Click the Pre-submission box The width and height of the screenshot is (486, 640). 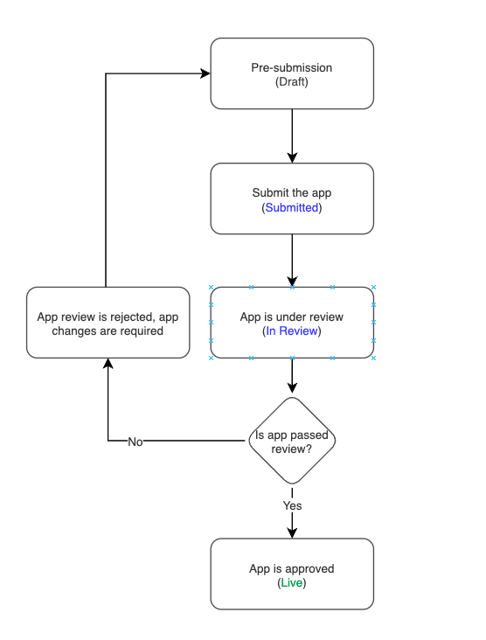click(292, 73)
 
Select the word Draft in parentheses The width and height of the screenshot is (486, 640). click(292, 82)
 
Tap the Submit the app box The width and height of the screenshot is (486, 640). click(292, 198)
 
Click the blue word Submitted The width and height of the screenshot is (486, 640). click(292, 208)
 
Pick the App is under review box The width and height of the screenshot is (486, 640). click(292, 323)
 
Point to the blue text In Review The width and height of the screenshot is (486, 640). click(292, 331)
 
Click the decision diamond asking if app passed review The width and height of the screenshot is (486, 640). click(292, 441)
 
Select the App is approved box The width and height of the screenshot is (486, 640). click(292, 574)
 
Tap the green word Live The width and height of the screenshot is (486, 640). click(292, 582)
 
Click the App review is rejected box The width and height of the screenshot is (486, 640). click(108, 323)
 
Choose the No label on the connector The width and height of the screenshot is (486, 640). click(135, 442)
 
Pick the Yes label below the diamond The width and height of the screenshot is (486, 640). click(292, 505)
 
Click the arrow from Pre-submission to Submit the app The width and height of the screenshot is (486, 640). click(292, 136)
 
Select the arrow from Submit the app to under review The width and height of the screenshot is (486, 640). click(292, 260)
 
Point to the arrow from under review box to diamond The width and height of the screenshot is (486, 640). click(292, 377)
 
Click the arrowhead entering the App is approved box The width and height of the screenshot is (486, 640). click(292, 532)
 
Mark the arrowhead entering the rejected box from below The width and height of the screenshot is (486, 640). click(108, 365)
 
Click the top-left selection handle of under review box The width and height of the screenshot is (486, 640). click(211, 287)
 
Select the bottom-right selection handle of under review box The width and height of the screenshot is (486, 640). click(373, 358)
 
